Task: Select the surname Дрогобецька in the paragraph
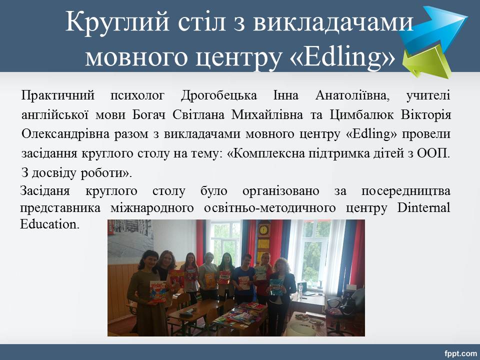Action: click(x=219, y=96)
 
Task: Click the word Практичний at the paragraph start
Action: click(x=58, y=96)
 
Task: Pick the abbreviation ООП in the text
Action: click(x=434, y=153)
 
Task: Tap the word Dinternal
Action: click(x=423, y=207)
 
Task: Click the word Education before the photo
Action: click(x=49, y=224)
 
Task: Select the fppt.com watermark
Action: click(x=460, y=353)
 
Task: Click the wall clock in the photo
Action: click(x=263, y=229)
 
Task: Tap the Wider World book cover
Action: click(x=158, y=291)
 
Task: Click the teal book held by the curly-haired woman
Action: click(x=276, y=288)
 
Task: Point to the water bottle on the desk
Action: click(x=300, y=291)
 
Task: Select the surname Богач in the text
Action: click(x=149, y=115)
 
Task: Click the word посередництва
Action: click(x=406, y=191)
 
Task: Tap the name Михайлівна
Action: click(x=267, y=115)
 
